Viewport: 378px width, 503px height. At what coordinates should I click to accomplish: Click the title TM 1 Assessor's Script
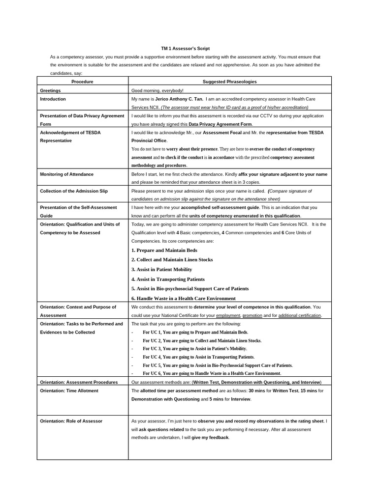[x=185, y=49]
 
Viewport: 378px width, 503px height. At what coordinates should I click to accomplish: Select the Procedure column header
[x=82, y=82]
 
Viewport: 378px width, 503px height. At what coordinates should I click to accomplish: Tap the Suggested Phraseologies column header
[x=229, y=82]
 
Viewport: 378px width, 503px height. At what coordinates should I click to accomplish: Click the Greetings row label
[x=50, y=91]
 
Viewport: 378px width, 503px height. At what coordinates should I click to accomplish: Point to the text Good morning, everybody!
[x=157, y=91]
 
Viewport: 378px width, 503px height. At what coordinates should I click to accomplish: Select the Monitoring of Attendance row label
[x=66, y=174]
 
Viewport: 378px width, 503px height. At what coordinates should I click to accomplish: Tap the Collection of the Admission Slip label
[x=73, y=191]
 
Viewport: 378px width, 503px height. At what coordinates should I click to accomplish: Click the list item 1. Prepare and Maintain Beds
[x=164, y=250]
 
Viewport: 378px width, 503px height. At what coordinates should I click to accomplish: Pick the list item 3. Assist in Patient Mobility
[x=161, y=269]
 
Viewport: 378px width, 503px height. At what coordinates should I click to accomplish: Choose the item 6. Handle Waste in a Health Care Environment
[x=183, y=298]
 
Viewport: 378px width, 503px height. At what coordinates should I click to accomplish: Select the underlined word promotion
[x=252, y=315]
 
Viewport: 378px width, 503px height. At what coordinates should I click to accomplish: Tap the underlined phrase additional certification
[x=300, y=315]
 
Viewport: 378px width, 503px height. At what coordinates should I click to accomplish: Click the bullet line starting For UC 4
[x=198, y=357]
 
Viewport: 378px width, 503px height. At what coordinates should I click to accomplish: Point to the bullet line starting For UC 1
[x=195, y=332]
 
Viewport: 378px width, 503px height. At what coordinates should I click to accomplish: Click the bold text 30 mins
[x=257, y=391]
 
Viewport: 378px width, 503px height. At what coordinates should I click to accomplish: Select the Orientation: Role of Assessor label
[x=71, y=421]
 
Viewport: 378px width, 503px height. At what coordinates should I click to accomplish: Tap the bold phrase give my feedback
[x=210, y=437]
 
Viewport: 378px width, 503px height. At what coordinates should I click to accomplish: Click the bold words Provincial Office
[x=149, y=140]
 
